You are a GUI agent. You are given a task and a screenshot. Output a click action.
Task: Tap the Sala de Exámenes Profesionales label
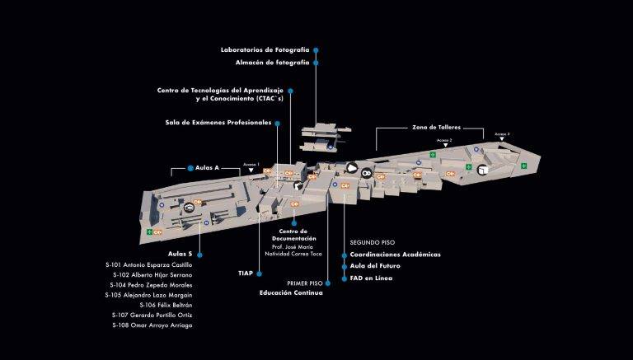(218, 123)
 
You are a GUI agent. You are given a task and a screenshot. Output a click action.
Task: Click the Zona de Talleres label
(436, 128)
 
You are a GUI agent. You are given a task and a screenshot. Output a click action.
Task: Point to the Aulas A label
(206, 167)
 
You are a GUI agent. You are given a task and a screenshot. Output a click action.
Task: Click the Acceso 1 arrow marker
(251, 171)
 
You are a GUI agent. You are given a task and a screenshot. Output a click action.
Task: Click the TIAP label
(246, 272)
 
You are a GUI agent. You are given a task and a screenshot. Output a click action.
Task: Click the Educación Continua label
(291, 292)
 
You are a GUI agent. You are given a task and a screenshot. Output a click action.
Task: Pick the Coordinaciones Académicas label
(395, 255)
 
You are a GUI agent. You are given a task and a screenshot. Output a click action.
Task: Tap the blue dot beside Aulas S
(200, 254)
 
